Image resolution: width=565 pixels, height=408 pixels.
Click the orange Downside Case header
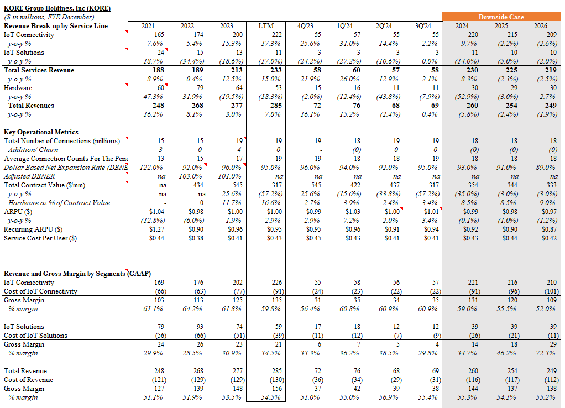(501, 17)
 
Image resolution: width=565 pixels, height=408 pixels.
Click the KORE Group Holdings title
(57, 8)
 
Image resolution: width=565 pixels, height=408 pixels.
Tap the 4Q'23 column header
(306, 26)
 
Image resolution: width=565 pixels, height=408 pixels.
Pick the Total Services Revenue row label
(39, 70)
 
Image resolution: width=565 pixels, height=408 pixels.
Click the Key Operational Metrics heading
(41, 132)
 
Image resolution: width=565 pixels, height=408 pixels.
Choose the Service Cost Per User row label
(40, 238)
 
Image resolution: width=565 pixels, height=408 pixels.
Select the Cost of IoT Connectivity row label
(40, 291)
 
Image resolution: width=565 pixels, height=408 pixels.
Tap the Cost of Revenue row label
(28, 380)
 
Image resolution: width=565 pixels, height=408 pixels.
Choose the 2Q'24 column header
(384, 26)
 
